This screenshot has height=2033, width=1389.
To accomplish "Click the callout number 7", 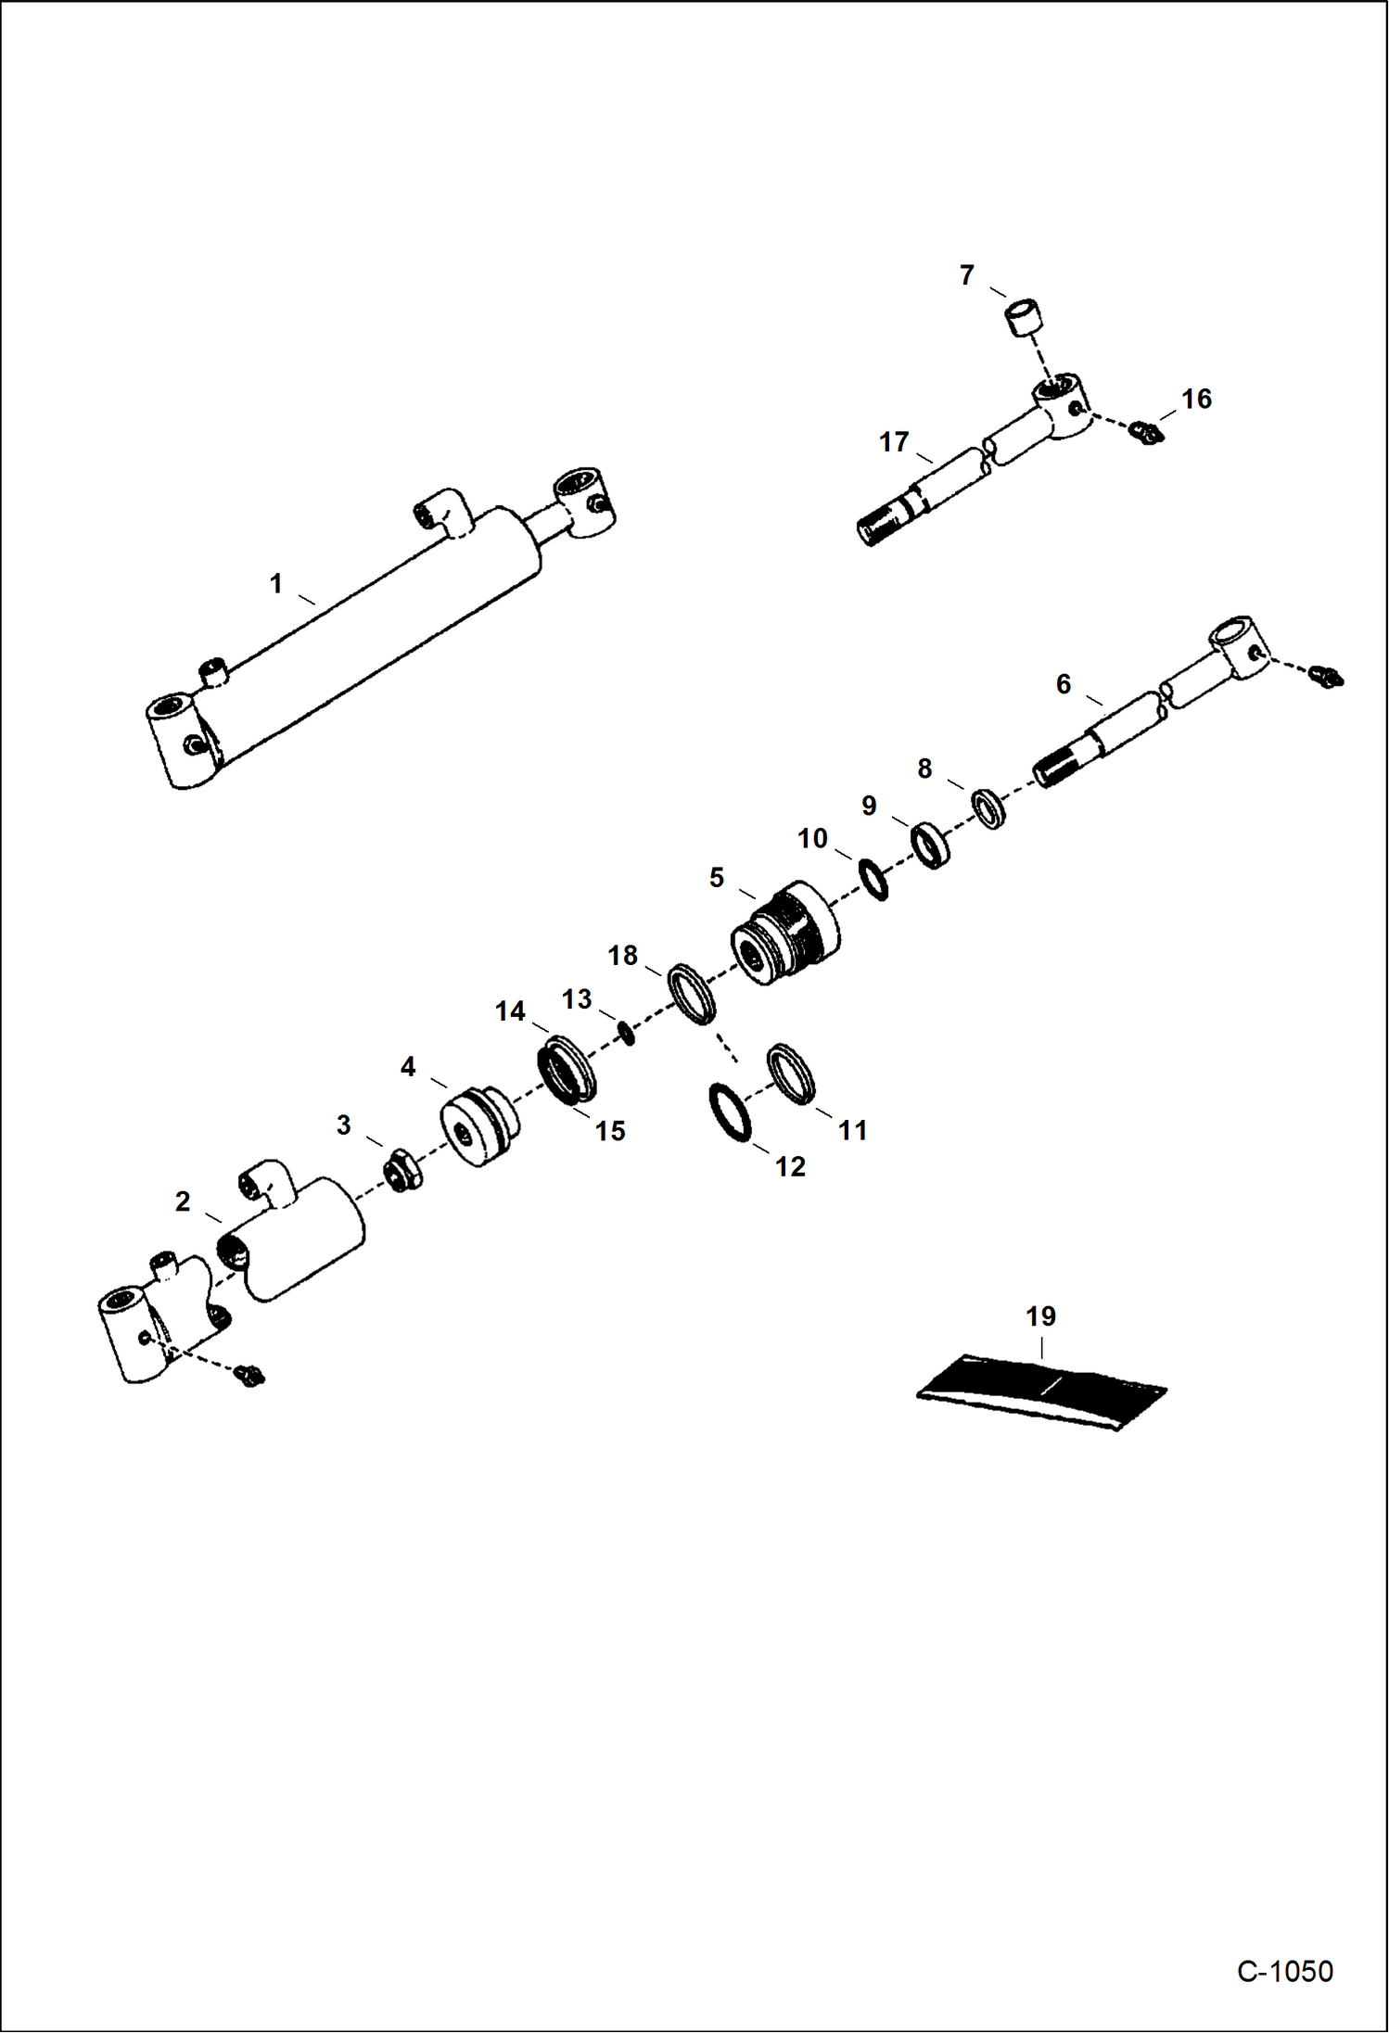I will tap(966, 275).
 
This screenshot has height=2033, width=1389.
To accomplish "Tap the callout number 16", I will tap(1195, 399).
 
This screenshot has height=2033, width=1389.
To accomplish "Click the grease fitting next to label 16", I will tap(1147, 432).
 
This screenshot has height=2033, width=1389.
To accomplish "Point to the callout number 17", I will tap(893, 442).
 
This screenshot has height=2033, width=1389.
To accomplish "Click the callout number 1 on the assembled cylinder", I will tap(275, 583).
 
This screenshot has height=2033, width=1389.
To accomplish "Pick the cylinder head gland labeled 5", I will tap(786, 933).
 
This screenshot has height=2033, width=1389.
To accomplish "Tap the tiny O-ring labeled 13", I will tap(628, 1032).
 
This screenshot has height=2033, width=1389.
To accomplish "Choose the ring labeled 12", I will tap(732, 1112).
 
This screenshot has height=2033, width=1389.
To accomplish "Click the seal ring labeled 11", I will tap(791, 1074).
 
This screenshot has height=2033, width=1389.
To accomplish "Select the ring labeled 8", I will tap(989, 808).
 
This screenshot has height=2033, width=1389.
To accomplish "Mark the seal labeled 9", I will tap(931, 845).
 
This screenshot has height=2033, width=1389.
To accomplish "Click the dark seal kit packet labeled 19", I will tap(1041, 1391).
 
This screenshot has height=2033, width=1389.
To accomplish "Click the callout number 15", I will tap(609, 1131).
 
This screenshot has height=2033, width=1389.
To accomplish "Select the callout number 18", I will tap(622, 955).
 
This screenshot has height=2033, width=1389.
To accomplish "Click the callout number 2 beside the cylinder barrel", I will tap(183, 1201).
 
